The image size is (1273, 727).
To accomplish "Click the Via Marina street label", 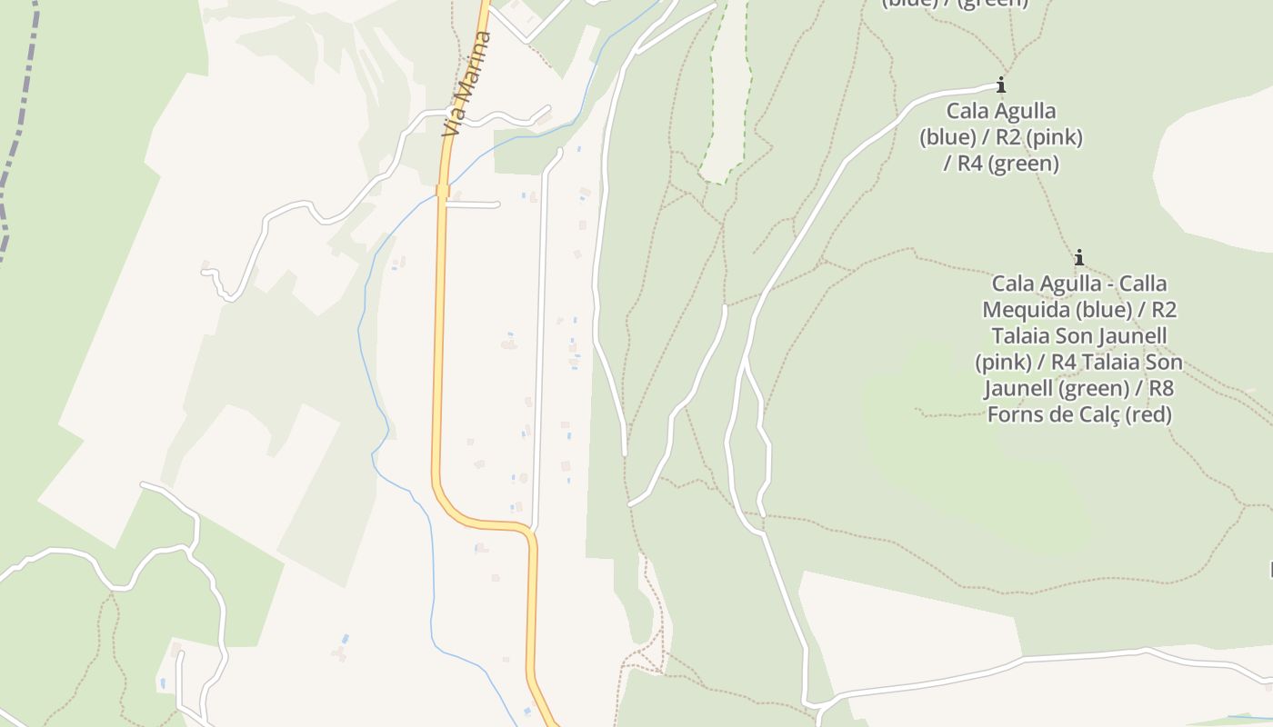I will (466, 85).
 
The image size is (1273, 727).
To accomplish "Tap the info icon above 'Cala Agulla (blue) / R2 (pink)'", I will (1001, 85).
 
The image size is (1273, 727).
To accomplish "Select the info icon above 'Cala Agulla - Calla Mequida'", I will (1078, 257).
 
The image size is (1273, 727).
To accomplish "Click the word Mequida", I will (1027, 310).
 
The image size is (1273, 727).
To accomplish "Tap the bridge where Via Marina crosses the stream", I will (442, 191).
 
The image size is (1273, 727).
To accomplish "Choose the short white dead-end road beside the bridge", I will (473, 204).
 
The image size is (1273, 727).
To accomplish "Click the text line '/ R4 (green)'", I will (1001, 164).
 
